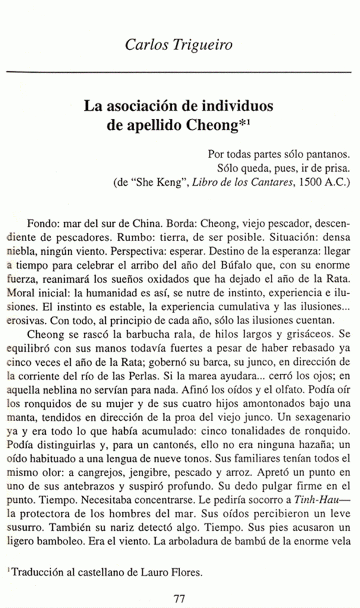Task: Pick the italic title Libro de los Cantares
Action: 245,183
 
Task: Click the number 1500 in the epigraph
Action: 311,183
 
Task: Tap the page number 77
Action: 180,598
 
